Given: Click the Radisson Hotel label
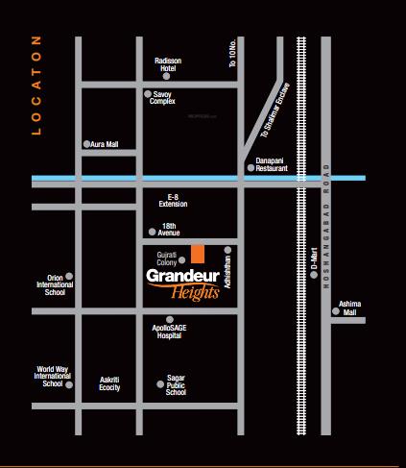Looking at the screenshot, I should pos(168,64).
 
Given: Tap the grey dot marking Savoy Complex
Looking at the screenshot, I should pos(147,94).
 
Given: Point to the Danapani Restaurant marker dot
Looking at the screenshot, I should pos(251,168).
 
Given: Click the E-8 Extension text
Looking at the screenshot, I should pos(174,201).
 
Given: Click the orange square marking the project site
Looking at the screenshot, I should pos(197,253).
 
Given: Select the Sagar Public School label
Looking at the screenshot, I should pos(175,386).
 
